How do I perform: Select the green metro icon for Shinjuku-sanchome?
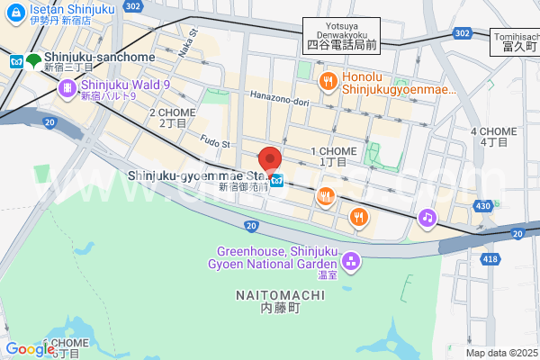33,61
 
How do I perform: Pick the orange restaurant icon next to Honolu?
328,82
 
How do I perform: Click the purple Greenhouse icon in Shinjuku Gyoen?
350,262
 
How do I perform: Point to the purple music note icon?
427,217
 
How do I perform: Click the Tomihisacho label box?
515,41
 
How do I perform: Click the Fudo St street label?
215,143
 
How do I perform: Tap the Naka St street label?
187,45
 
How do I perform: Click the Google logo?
30,349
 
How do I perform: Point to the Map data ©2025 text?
500,353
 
